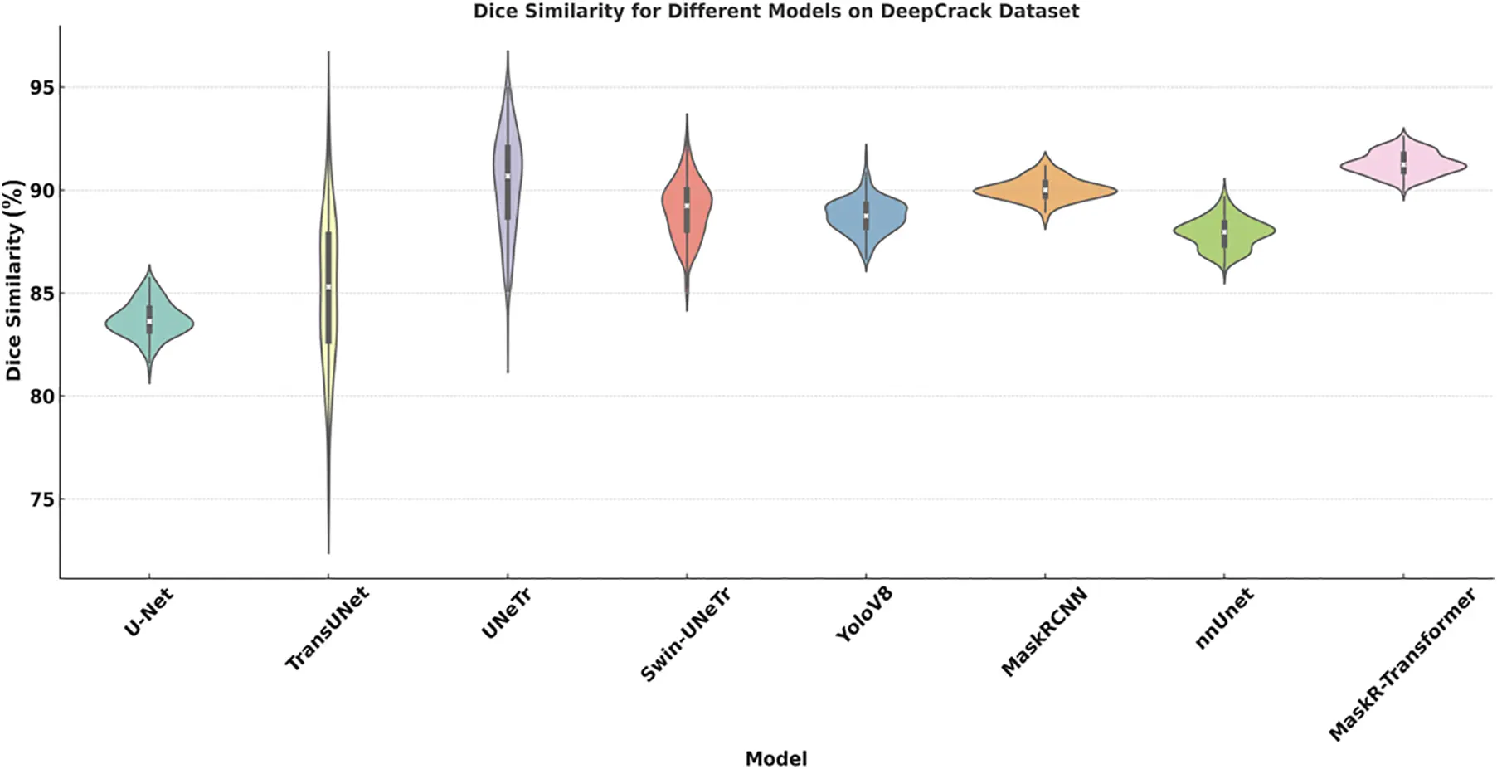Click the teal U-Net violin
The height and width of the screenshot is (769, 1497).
click(166, 324)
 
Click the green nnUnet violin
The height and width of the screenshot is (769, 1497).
click(1244, 232)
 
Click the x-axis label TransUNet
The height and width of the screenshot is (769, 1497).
click(327, 629)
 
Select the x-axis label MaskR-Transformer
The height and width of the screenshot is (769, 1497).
click(1402, 664)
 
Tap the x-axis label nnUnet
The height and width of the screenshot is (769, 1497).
click(1224, 618)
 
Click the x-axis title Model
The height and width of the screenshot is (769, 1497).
click(775, 758)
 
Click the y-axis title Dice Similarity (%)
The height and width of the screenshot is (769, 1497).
click(13, 280)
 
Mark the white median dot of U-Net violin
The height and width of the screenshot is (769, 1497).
click(149, 321)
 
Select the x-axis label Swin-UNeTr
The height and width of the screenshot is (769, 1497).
click(685, 635)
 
